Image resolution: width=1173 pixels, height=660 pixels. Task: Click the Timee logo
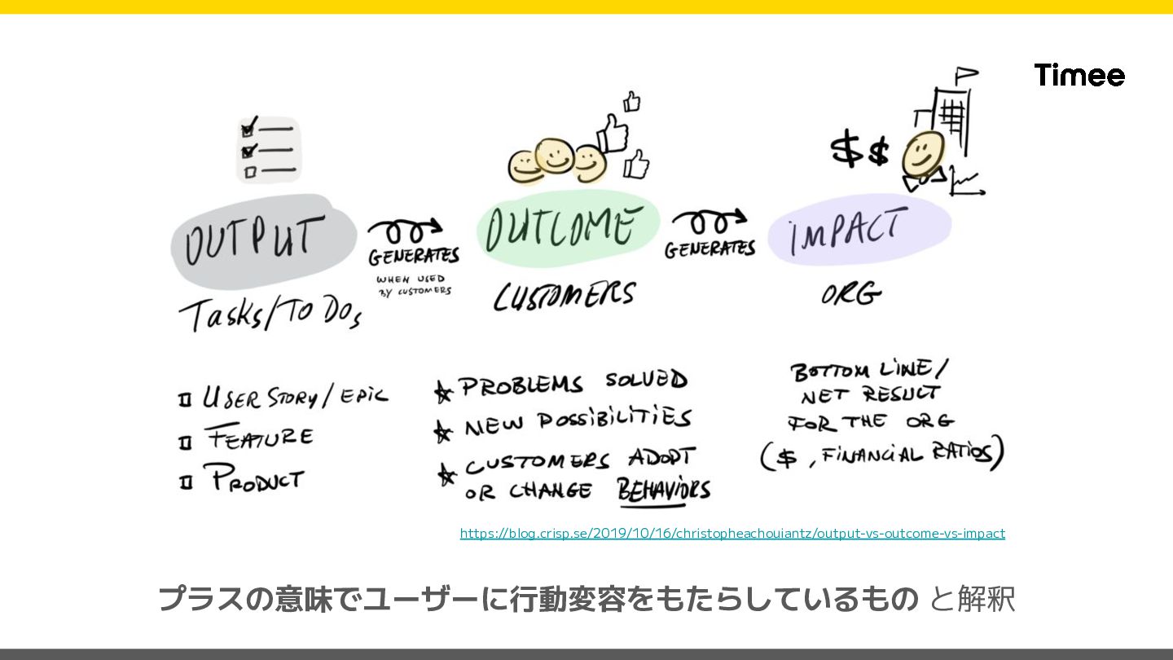[1079, 75]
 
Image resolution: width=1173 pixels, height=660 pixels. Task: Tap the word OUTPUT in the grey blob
[254, 240]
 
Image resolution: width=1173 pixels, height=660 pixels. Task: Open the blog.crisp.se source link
[732, 533]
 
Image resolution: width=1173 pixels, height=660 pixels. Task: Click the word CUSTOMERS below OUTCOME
[564, 296]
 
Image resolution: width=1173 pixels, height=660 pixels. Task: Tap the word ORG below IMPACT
[850, 294]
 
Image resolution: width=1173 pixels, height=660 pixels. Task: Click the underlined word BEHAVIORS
[664, 491]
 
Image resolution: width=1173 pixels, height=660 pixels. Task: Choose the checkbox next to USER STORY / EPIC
[185, 400]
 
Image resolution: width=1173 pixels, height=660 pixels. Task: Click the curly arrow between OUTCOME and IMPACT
[708, 222]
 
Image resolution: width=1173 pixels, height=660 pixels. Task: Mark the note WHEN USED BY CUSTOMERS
[414, 284]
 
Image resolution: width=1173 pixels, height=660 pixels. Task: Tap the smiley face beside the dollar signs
[923, 155]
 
